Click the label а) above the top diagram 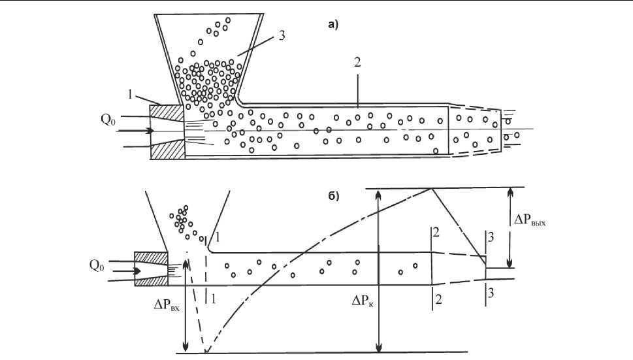tap(333, 25)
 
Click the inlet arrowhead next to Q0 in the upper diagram tap(150, 131)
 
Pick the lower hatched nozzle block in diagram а tap(168, 148)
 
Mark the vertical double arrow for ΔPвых tap(511, 227)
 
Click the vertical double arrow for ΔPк tap(378, 270)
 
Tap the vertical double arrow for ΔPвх tap(186, 304)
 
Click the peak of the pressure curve tap(431, 188)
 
